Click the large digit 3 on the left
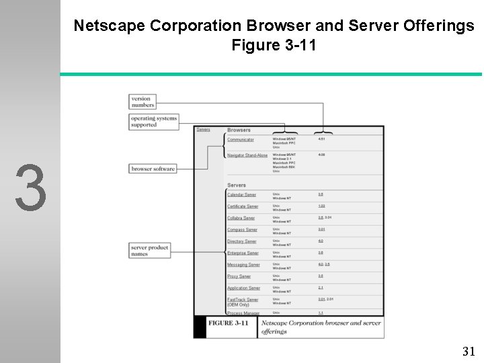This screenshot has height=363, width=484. pos(31,188)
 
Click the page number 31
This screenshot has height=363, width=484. pos(469,351)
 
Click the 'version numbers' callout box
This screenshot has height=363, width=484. pos(143,102)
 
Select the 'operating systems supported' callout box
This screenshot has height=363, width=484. pos(154,122)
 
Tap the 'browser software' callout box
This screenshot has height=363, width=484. pos(153,169)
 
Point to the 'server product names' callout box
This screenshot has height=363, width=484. pos(149,251)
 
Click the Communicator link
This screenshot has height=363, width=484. pos(241,140)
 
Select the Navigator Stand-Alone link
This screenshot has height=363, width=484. pos(247,155)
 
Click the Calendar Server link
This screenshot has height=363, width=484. pos(241,195)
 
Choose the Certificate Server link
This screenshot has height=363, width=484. pos(243,206)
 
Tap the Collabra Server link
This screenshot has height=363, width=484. pos(241,218)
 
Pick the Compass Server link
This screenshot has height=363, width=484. pos(242,230)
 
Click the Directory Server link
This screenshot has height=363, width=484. pos(241,241)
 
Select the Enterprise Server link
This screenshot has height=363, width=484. pos(243,253)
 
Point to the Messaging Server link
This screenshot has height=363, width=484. pos(243,265)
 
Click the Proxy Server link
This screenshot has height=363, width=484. pos(239,276)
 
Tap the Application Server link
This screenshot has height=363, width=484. pos(243,288)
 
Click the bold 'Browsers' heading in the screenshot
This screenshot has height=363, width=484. pos(239,130)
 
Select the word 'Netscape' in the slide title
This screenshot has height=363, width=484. pos(109,26)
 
